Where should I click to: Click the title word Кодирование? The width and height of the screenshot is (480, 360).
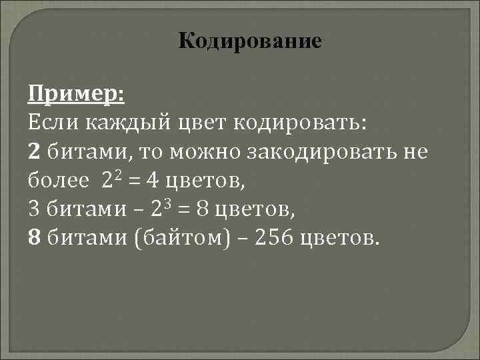pyautogui.click(x=250, y=41)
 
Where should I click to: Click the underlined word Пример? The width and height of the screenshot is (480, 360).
pyautogui.click(x=76, y=94)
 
